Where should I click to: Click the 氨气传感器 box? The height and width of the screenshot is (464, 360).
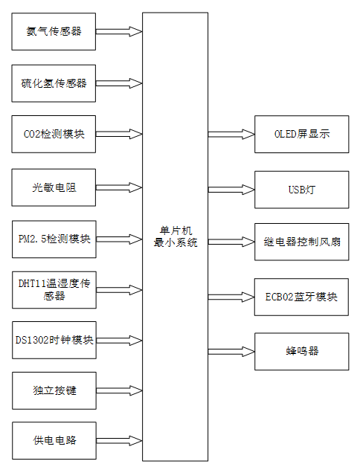pos(54,32)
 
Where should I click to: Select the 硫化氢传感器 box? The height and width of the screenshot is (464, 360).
pos(54,83)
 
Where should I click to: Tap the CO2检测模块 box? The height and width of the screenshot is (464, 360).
pos(54,135)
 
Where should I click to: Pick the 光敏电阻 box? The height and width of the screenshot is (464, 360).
pos(54,187)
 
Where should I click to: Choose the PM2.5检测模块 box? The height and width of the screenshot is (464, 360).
pos(54,239)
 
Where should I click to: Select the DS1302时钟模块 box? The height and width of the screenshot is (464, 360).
pos(54,340)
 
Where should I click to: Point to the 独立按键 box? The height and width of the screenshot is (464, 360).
pos(54,390)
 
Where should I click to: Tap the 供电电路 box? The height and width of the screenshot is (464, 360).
pos(54,440)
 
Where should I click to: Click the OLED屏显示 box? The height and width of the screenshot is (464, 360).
pos(301,135)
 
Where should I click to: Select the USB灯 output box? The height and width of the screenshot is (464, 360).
pos(301,189)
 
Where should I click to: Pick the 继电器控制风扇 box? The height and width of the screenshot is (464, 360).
pos(301,242)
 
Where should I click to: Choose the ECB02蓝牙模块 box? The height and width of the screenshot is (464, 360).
pos(301,296)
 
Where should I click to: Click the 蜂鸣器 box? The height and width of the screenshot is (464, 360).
pos(301,349)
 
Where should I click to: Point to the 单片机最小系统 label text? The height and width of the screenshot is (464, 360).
pos(176,236)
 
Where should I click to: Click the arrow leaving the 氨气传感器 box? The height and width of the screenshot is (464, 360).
pos(119,32)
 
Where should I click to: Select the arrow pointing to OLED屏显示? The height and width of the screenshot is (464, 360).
pos(231,135)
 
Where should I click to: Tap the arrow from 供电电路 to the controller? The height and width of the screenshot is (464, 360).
pos(119,440)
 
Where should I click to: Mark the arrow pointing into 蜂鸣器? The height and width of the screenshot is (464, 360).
pos(231,349)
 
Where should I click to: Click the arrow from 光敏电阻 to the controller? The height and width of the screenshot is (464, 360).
pos(119,187)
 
